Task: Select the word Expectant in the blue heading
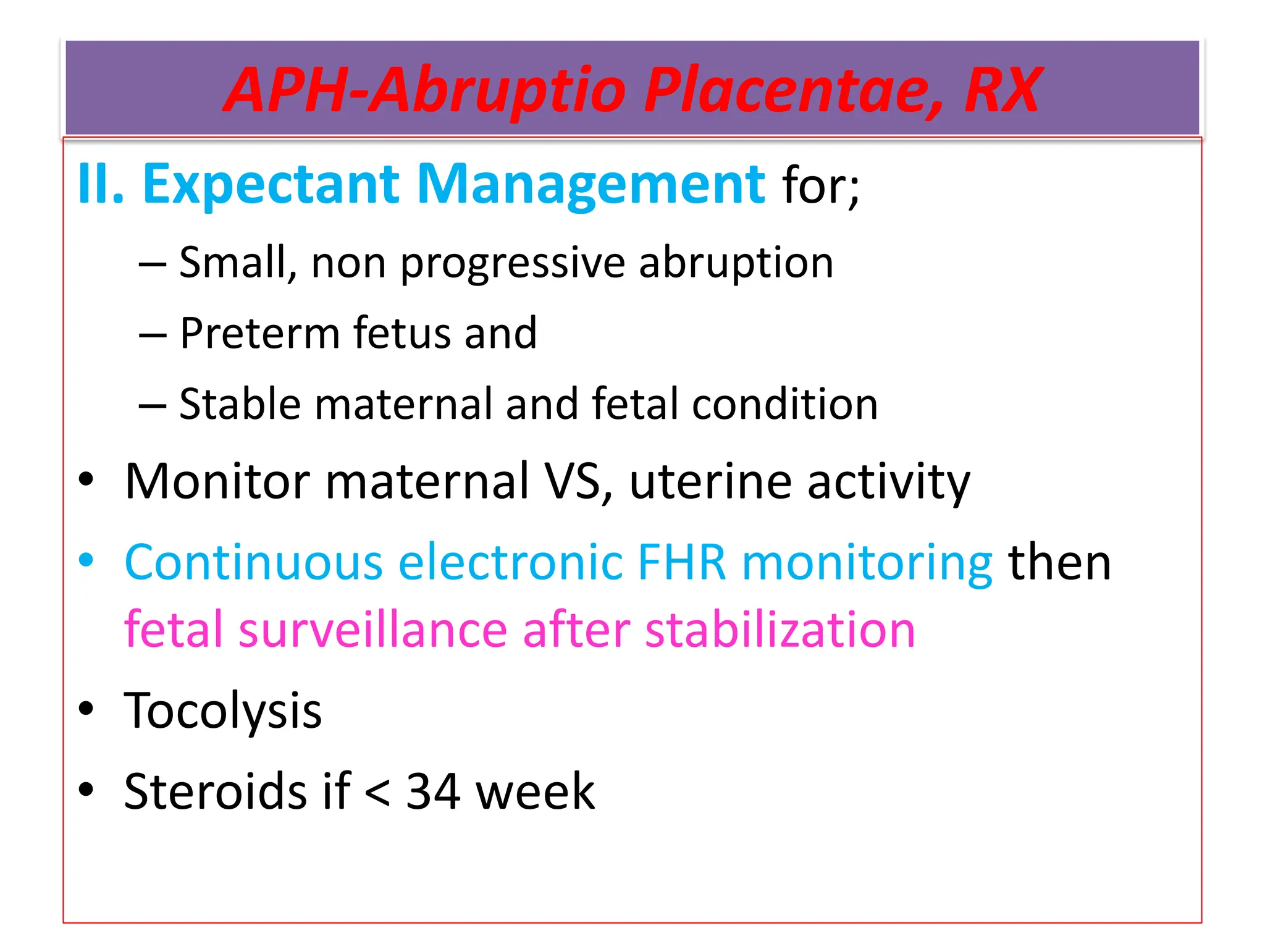coord(271,185)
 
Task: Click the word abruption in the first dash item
coord(736,263)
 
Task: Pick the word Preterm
coord(259,334)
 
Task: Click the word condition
coord(784,404)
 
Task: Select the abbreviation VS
coord(578,481)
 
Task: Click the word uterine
coord(710,481)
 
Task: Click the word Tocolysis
coord(223,711)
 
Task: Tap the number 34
coord(433,791)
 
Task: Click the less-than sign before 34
coord(377,793)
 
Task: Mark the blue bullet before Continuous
coord(86,561)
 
